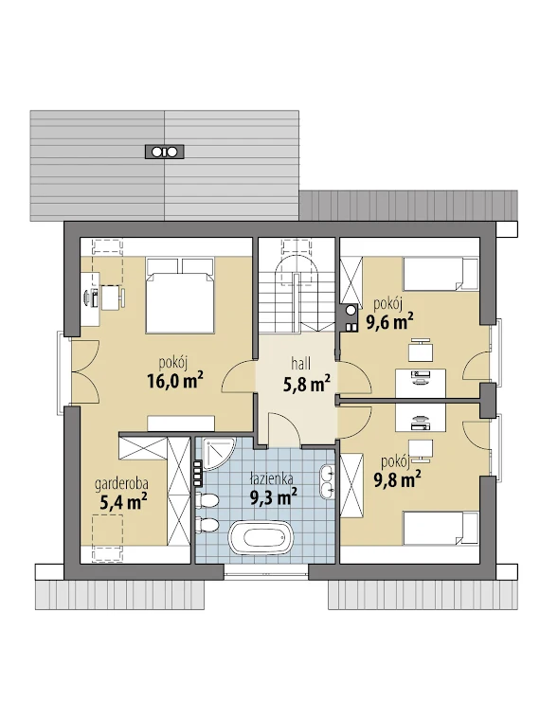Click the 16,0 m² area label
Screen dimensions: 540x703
tap(174, 381)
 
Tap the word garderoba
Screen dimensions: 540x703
tap(121, 484)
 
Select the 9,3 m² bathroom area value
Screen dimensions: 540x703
tap(274, 497)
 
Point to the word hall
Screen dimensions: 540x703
tap(300, 363)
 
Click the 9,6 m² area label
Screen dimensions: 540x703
tap(389, 321)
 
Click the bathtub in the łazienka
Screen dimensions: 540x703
tap(261, 536)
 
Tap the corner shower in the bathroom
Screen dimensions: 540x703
tap(218, 453)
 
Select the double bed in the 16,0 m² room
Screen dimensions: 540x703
tap(180, 295)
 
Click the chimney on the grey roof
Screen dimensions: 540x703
tap(164, 152)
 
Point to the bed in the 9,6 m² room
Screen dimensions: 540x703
tap(441, 274)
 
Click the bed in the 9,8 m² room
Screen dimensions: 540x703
tap(441, 528)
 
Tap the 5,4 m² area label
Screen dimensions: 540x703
tap(124, 502)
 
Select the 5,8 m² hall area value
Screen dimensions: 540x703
tap(307, 384)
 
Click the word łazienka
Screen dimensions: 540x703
tap(272, 478)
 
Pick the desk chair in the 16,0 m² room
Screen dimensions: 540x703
tap(113, 297)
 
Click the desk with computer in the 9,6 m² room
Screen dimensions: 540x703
tap(421, 383)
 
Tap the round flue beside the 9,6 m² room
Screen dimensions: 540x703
tap(351, 309)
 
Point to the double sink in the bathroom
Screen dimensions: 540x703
tap(328, 481)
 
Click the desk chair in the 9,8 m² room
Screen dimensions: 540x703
tap(422, 450)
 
